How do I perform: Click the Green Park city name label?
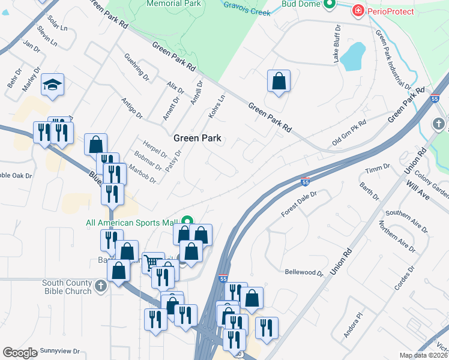[x=197, y=138]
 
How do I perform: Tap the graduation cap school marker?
[x=52, y=85]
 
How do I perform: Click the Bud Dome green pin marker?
[x=329, y=5]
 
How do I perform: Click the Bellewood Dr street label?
[x=304, y=272]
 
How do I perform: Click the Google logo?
[x=20, y=353]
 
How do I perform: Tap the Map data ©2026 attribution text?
[x=424, y=355]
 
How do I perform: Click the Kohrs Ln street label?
[x=216, y=104]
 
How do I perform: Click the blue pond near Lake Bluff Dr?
[x=354, y=56]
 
